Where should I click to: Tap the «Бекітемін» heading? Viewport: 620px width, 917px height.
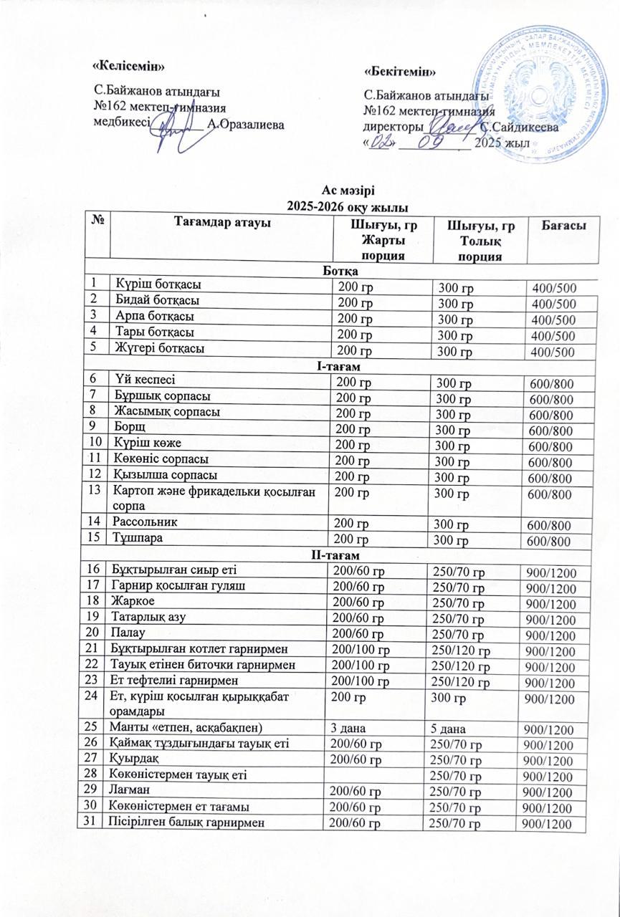point(401,71)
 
